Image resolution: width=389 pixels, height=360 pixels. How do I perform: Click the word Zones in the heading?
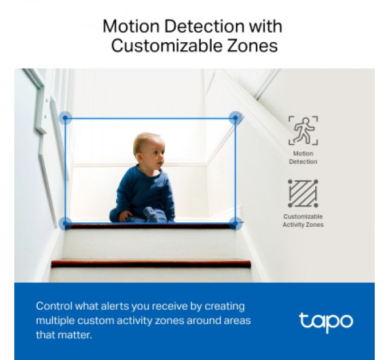[x=255, y=46]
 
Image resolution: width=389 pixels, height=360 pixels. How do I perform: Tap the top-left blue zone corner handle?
[x=65, y=118]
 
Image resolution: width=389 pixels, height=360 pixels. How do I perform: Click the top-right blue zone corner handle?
[x=235, y=118]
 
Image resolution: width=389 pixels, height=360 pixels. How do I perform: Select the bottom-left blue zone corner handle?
[x=65, y=223]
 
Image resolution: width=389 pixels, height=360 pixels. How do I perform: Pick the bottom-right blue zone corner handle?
[x=235, y=223]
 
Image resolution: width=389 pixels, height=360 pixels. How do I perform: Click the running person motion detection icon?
[x=303, y=131]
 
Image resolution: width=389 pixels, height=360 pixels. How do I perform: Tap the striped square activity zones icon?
[x=303, y=193]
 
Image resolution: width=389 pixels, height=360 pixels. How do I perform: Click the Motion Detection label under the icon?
[x=303, y=158]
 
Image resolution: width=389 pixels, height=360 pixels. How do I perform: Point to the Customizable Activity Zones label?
[x=303, y=221]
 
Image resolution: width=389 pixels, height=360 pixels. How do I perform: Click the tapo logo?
[x=326, y=321]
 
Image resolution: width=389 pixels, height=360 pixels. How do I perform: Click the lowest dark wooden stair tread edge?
[x=151, y=263]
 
